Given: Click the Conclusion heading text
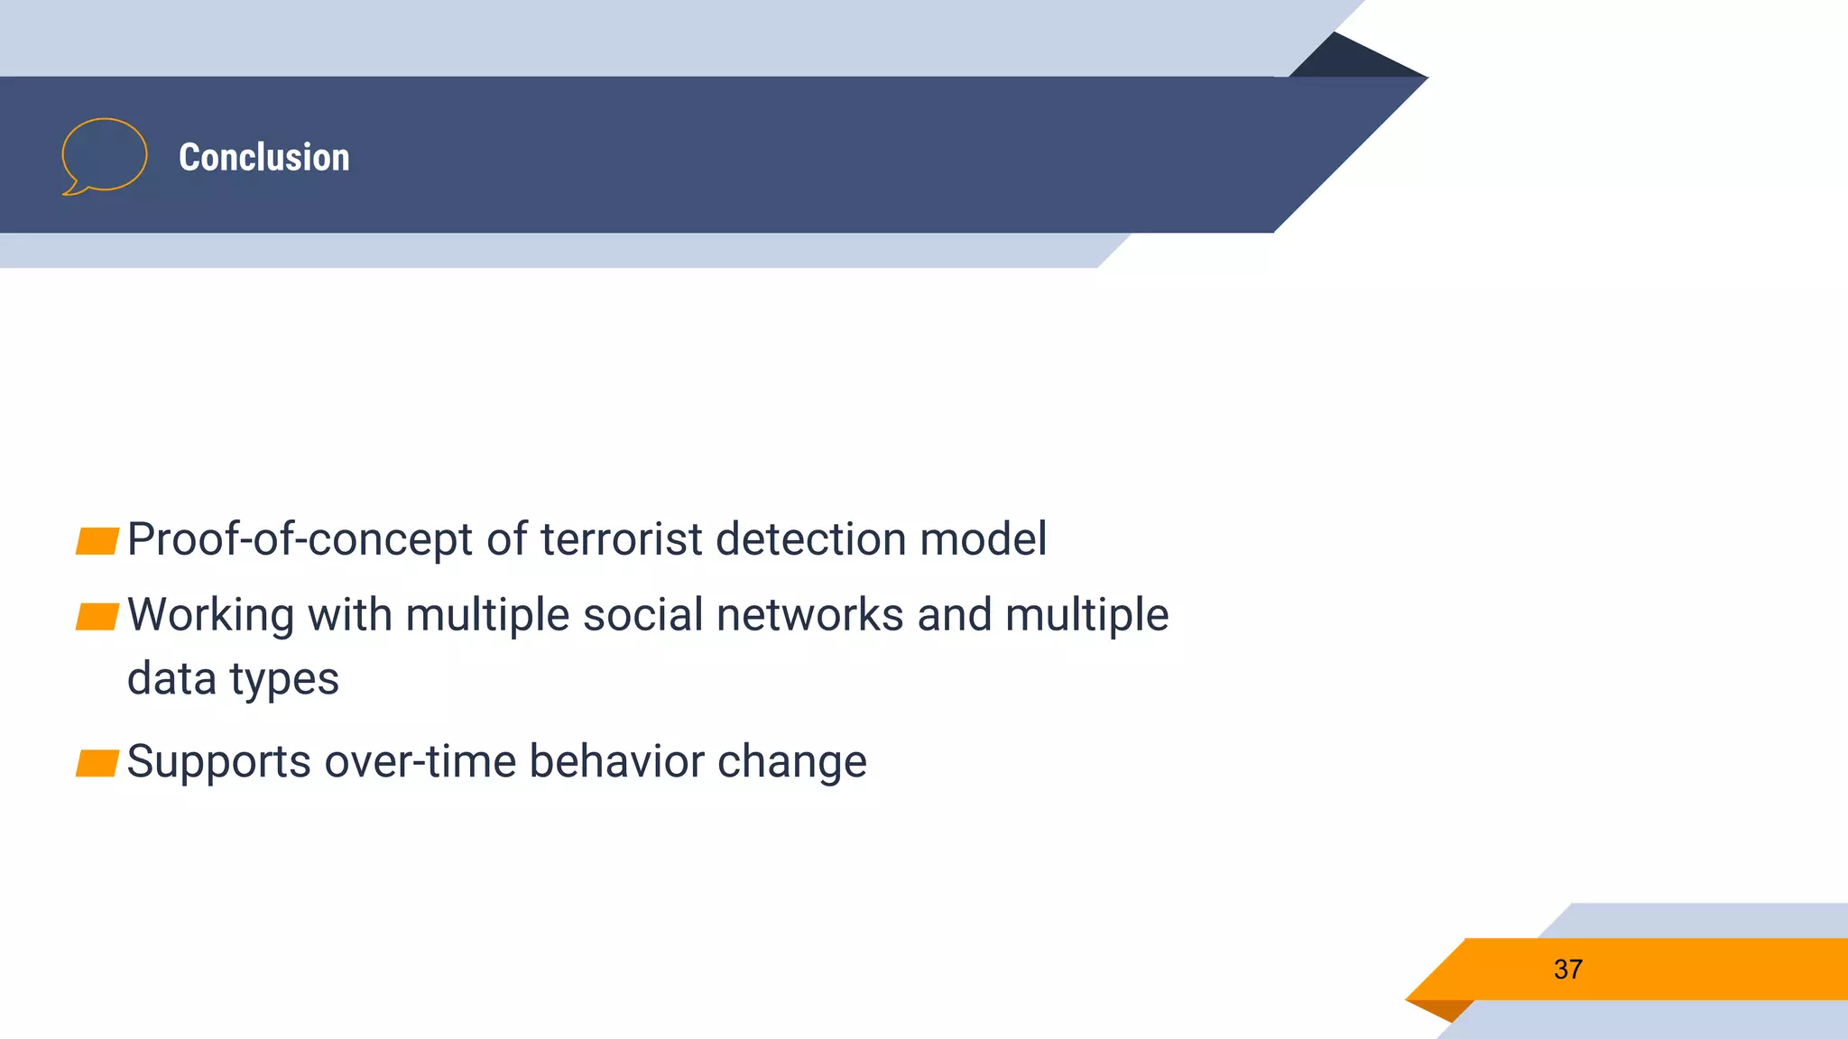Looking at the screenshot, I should coord(263,158).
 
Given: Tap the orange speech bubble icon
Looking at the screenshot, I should coord(104,156).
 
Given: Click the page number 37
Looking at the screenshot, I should coord(1567,970).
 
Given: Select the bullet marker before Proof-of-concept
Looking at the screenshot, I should coord(97,541).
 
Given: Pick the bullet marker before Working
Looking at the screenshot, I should coord(97,617).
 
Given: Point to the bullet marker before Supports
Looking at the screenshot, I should coord(97,763).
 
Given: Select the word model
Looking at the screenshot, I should coord(983,539).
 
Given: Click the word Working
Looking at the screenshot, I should coord(210,615).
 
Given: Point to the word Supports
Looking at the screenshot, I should coord(218,763).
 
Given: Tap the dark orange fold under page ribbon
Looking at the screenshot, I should coord(1444,1009).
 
